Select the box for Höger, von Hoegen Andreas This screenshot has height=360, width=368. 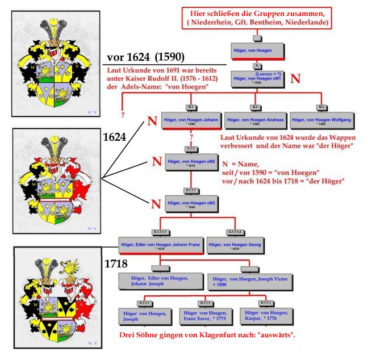pyautogui.click(x=255, y=120)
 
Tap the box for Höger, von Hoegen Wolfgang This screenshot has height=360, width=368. pyautogui.click(x=321, y=120)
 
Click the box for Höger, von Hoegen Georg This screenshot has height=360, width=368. pyautogui.click(x=233, y=245)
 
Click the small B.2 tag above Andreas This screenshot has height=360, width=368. pyautogui.click(x=255, y=107)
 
